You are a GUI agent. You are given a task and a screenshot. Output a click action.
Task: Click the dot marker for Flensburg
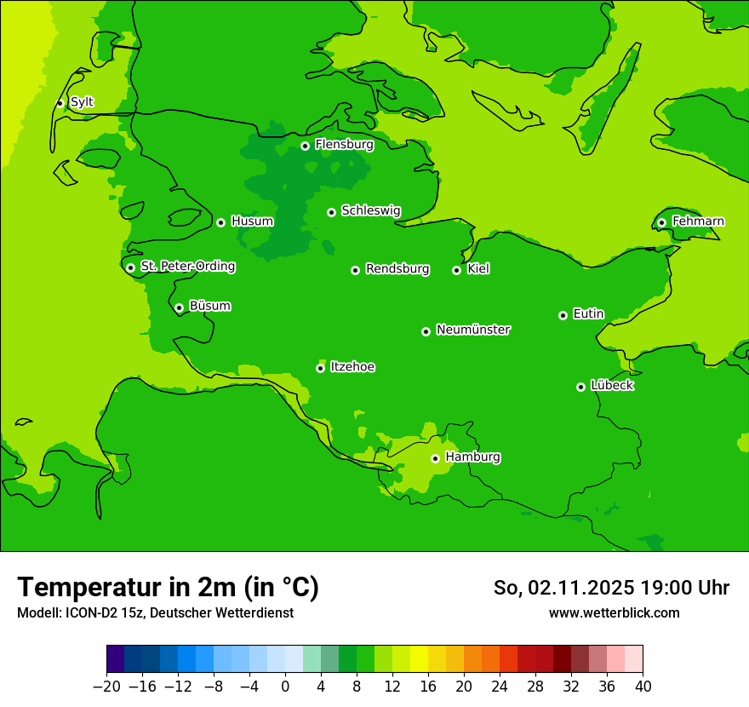pos(305,146)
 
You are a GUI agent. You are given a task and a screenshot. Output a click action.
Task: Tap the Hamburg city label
pos(472,457)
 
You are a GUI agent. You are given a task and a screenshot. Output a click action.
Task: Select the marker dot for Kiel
pos(456,270)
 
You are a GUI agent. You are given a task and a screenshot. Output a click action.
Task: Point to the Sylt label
pos(82,102)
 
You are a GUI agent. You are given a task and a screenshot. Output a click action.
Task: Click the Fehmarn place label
pos(698,221)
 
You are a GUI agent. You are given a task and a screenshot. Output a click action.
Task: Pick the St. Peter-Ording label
pos(187,267)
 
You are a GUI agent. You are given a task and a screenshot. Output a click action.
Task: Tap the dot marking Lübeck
pos(580,387)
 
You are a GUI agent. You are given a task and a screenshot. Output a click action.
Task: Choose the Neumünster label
pos(473,330)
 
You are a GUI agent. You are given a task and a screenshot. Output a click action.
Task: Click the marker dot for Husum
pos(220,222)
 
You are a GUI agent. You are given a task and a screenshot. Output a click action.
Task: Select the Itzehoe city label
pos(352,367)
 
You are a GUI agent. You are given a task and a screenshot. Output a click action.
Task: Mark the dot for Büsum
pos(179,308)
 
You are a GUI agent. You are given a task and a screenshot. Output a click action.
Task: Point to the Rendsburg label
pos(397,269)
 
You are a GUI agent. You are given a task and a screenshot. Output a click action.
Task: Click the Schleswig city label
pos(370,210)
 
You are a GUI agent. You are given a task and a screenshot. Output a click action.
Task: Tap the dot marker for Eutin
pos(563,315)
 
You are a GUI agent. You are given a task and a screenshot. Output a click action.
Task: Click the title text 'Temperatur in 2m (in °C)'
pos(168,587)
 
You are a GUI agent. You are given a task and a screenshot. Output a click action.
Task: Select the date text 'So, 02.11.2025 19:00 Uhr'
pos(611,588)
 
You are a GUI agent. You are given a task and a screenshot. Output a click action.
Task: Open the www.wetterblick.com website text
pos(614,612)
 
